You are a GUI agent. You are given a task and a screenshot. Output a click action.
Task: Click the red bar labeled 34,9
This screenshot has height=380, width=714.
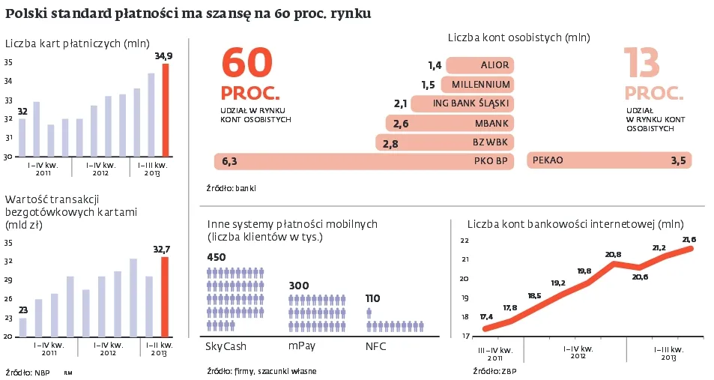(x=166, y=110)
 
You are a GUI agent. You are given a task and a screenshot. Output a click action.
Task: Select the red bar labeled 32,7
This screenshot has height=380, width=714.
(x=166, y=297)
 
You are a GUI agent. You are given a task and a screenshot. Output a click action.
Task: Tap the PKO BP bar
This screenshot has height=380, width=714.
(x=363, y=160)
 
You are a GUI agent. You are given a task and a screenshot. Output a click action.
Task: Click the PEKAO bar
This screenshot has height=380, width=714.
(x=609, y=160)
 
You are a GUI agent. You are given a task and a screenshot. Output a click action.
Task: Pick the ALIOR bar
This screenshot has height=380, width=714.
(x=479, y=65)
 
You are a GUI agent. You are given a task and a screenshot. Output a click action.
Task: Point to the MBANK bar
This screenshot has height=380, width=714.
(x=450, y=123)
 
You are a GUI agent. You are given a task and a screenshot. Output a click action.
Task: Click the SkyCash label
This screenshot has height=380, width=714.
(x=226, y=346)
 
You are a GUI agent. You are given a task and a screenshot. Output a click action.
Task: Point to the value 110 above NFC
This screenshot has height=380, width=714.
(x=372, y=298)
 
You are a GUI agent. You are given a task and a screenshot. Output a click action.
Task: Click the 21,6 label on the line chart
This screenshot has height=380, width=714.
(x=689, y=239)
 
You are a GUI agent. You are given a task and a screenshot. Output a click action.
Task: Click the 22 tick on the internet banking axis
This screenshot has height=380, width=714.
(x=464, y=241)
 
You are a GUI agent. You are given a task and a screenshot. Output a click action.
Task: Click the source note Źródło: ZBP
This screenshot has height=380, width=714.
(x=494, y=371)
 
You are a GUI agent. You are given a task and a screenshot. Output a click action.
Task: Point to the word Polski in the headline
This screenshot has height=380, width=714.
(x=27, y=13)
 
